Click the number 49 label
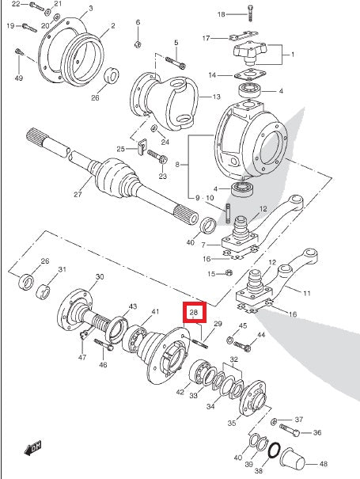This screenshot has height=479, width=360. coord(18,78)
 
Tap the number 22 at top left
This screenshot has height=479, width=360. coord(15,5)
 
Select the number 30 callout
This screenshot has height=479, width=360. coord(100,277)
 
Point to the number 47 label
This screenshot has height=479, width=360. coord(82,359)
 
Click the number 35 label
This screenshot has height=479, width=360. coord(231,424)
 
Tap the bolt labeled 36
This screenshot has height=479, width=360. coord(290,432)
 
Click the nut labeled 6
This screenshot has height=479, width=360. coord(138,42)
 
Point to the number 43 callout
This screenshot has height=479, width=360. coord(132,307)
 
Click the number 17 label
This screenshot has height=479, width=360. coord(206,38)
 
